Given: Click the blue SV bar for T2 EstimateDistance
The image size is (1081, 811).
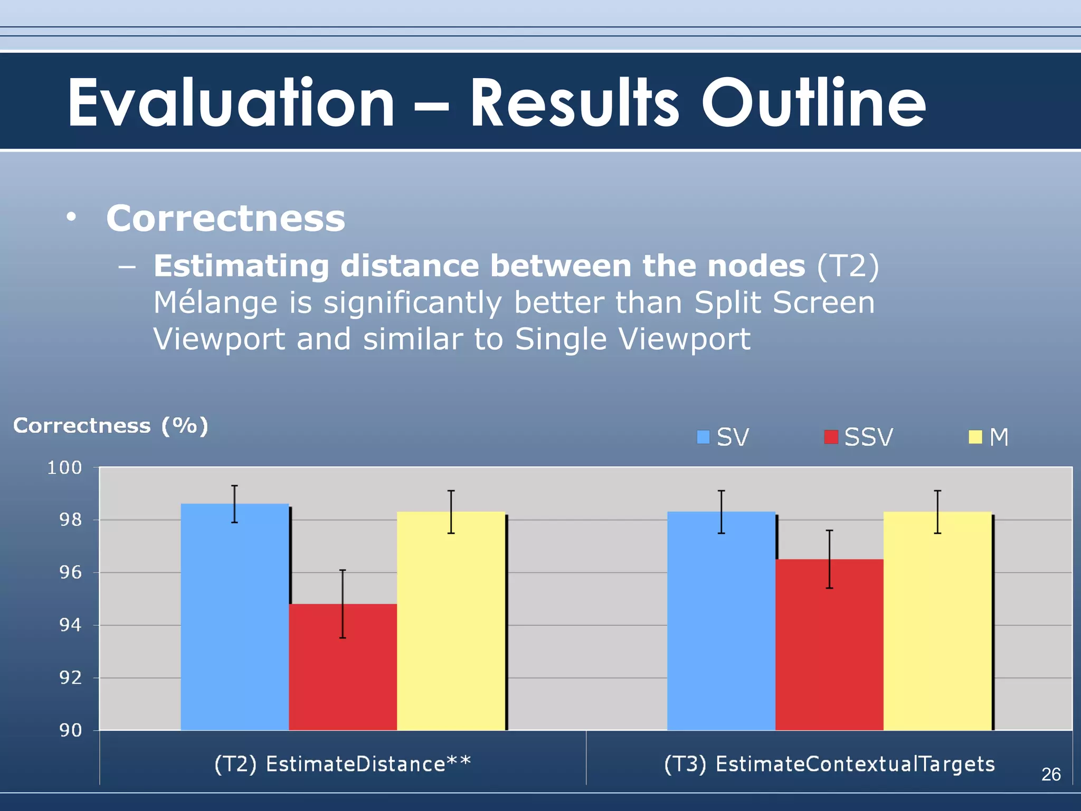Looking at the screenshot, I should [x=234, y=618].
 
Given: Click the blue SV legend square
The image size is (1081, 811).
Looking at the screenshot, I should [x=703, y=437].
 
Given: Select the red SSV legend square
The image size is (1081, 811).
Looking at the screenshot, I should [x=831, y=437].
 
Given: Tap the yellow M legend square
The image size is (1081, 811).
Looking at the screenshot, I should [x=975, y=437].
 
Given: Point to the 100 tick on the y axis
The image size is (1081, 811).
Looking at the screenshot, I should [x=65, y=468].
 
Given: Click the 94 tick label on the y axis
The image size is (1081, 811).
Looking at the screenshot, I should [x=70, y=626].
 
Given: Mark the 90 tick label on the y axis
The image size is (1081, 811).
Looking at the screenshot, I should [x=70, y=731].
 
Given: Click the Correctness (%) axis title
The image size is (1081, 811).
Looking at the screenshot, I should [x=111, y=426].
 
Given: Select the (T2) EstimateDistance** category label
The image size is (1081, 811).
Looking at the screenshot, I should [x=342, y=764].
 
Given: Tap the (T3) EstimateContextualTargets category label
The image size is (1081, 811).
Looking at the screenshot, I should [x=829, y=764].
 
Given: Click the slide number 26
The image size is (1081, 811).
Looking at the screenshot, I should [x=1051, y=775].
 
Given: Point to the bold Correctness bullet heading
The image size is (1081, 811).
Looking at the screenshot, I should [x=225, y=218].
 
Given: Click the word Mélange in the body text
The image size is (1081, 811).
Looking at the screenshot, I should [x=215, y=303].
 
